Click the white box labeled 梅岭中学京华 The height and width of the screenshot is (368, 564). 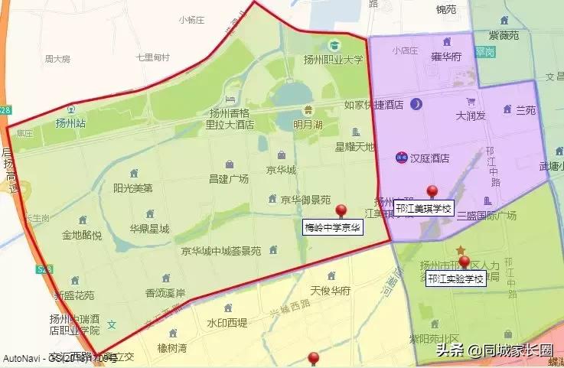[x=333, y=227]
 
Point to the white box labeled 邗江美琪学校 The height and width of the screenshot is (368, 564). [x=423, y=209]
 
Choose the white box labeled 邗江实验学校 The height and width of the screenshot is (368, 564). [x=456, y=278]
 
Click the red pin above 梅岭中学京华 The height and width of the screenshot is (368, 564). [x=341, y=210]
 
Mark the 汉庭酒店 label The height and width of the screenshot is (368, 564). [x=429, y=158]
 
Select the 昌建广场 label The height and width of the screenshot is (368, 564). [x=229, y=178]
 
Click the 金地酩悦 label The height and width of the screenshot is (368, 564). [x=82, y=235]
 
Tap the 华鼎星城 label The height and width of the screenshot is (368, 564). [x=148, y=228]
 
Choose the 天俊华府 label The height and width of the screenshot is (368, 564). [x=331, y=291]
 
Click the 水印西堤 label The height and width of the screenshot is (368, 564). [x=227, y=322]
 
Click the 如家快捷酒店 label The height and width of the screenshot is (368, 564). [x=373, y=105]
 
